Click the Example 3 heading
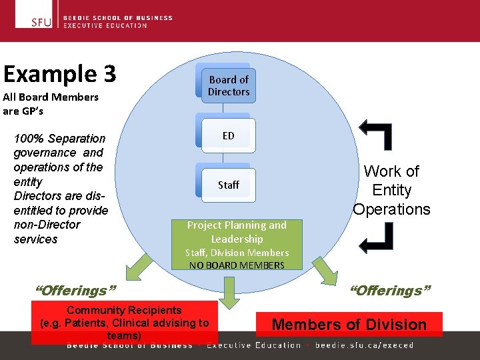pos(59,74)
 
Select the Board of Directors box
pos(228,86)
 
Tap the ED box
pos(228,135)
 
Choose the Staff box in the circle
pos(228,185)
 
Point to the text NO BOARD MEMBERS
pos(237,265)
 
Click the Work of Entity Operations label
pos(392,190)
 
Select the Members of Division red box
pos(349,324)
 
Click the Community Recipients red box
pos(125,323)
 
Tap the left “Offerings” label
pos(75,291)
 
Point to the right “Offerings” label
pos(390,291)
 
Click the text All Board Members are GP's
pos(51,103)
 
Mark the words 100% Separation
pos(60,139)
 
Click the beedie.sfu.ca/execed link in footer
pos(365,345)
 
